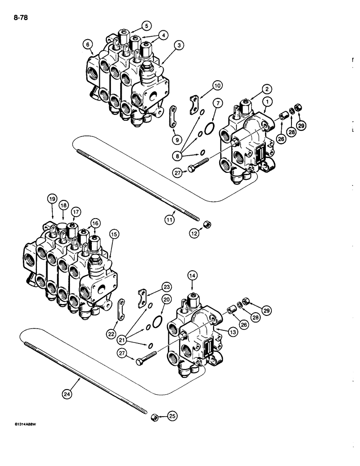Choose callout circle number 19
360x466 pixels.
pyautogui.click(x=51, y=200)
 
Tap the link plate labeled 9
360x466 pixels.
pyautogui.click(x=173, y=114)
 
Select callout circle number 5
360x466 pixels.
pyautogui.click(x=133, y=26)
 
